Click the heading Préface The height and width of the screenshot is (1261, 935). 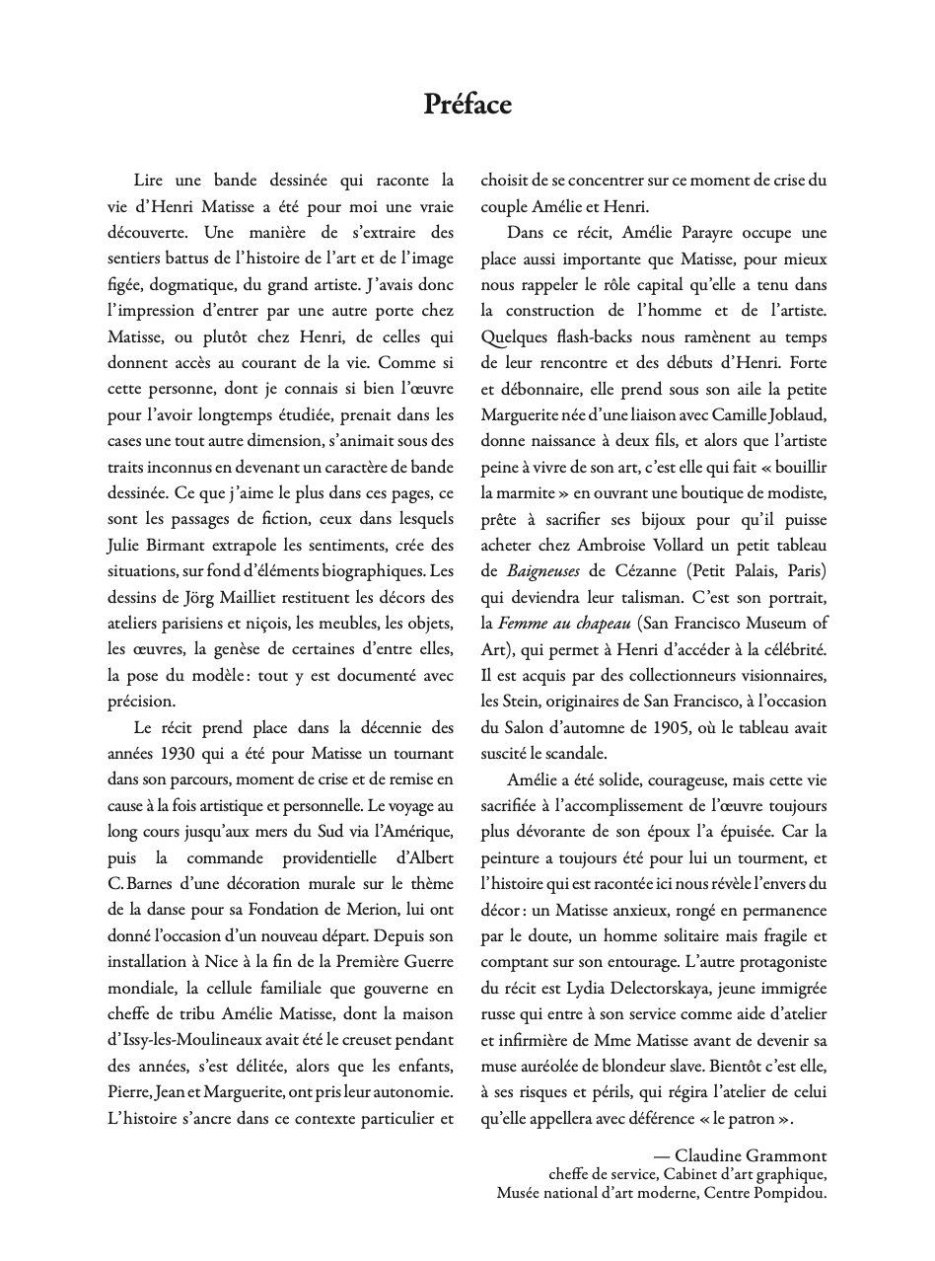[467, 105]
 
